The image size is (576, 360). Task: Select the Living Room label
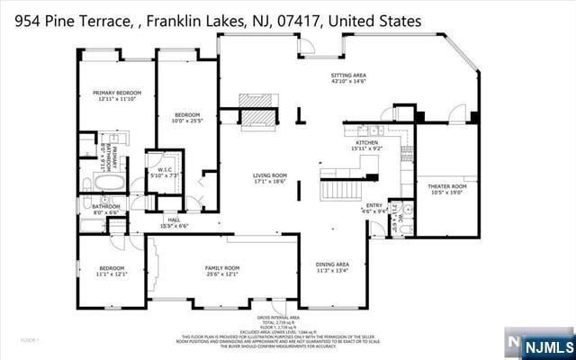click(x=268, y=175)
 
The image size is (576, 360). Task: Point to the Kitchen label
click(x=367, y=142)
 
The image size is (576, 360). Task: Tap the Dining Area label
click(x=331, y=265)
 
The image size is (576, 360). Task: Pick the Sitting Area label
click(x=348, y=76)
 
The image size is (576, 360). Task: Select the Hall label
click(x=174, y=220)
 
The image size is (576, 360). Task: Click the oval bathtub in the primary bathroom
click(x=109, y=184)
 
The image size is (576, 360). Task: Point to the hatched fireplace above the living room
click(x=256, y=117)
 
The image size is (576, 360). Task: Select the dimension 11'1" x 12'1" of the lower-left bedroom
click(x=112, y=274)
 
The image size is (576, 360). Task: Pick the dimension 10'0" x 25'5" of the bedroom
click(x=187, y=121)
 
